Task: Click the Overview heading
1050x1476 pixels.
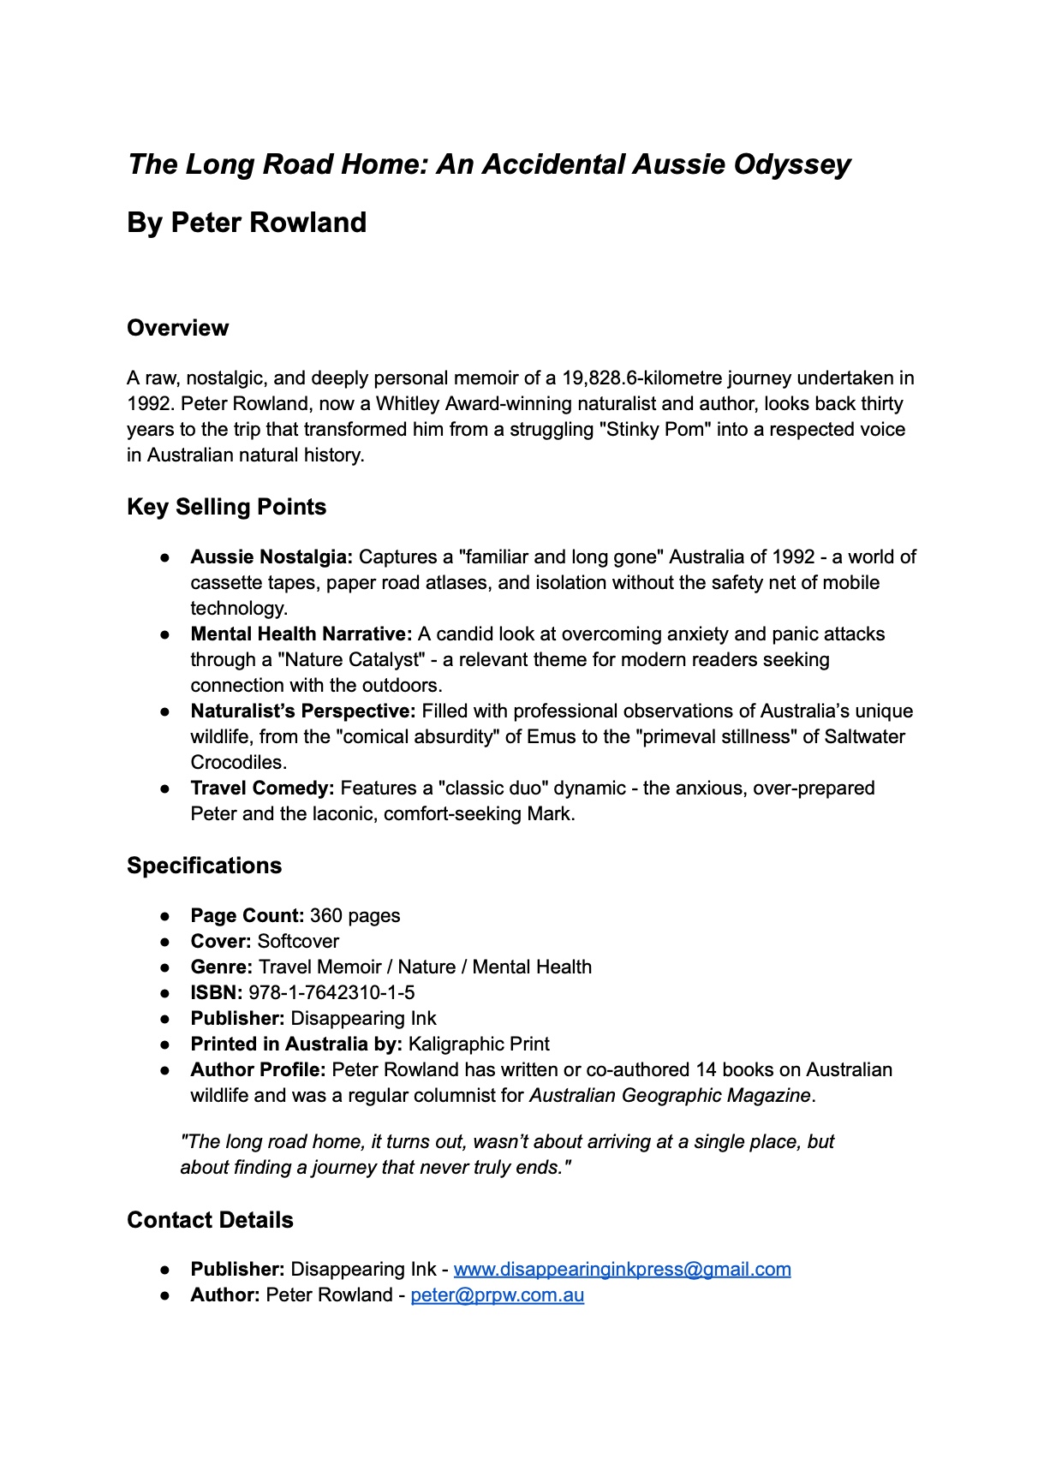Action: coord(177,328)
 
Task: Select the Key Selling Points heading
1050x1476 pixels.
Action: coord(226,507)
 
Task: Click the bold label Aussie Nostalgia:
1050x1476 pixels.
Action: coord(271,557)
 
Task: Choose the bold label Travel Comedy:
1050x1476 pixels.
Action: coord(262,789)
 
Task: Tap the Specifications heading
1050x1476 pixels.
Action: coord(204,866)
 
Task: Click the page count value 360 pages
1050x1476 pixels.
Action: coord(355,916)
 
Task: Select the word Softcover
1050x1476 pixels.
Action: coord(298,942)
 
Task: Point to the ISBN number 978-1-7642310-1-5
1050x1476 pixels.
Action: coord(331,993)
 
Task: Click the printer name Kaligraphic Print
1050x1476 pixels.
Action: coord(479,1045)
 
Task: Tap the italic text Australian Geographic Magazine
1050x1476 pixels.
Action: coord(670,1096)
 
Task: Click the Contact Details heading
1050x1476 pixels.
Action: coord(210,1220)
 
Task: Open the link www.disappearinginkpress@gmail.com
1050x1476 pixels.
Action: coord(622,1270)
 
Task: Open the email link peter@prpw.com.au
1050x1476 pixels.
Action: coord(497,1295)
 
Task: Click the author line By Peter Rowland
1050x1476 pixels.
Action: coord(247,223)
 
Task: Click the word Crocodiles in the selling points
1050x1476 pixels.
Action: coord(236,763)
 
